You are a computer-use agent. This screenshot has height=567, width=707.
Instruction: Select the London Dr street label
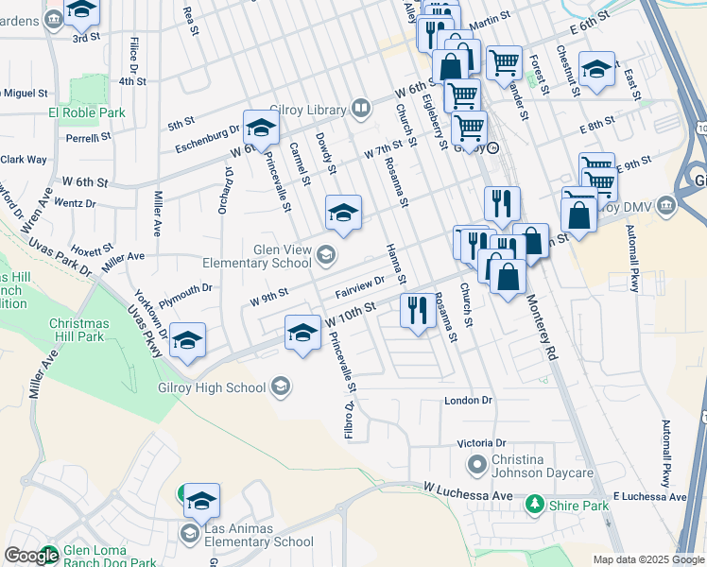coord(469,401)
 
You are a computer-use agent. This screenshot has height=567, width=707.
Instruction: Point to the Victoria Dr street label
coord(482,442)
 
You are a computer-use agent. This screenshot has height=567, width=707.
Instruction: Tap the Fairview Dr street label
coord(359,284)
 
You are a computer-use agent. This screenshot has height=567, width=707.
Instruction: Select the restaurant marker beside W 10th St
coord(416,310)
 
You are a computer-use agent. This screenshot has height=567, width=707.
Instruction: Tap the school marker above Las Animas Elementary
coord(200,501)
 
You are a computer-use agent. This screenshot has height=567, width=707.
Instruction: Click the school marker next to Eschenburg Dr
coord(260,128)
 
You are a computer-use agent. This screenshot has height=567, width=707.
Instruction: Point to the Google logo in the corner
coord(31,556)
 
